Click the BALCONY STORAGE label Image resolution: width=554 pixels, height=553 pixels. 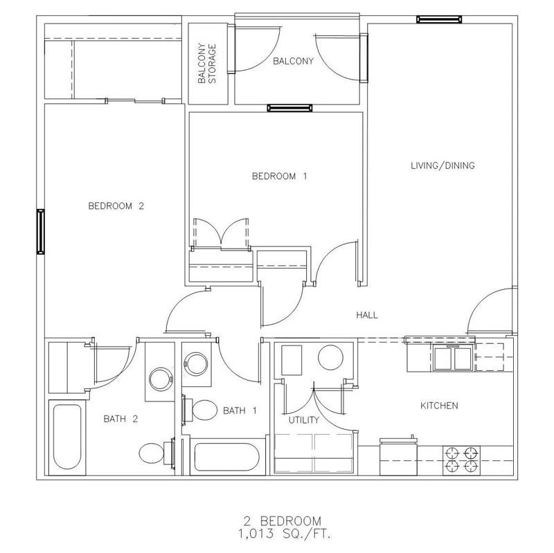tap(206, 64)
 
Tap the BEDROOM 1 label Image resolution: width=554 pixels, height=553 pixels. tap(280, 176)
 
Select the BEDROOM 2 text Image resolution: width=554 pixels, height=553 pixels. tap(116, 206)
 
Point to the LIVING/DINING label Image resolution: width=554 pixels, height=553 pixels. tap(443, 165)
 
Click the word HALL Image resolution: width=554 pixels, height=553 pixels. tap(367, 315)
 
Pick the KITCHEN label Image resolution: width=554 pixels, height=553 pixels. tap(439, 406)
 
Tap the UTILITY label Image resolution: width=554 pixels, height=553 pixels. tap(304, 420)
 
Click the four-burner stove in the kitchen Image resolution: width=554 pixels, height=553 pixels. tap(461, 460)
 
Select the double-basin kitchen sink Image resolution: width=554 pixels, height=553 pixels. tap(453, 358)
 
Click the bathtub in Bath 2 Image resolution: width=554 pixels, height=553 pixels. tap(67, 437)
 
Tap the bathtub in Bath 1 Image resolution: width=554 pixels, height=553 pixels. tap(227, 457)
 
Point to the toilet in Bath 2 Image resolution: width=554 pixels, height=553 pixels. tap(155, 453)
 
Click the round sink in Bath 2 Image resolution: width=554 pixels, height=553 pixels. tap(161, 379)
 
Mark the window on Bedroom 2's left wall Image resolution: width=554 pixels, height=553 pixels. tap(41, 231)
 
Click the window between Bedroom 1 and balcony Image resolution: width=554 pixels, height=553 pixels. tap(289, 108)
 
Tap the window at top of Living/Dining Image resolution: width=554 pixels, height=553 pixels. tap(439, 19)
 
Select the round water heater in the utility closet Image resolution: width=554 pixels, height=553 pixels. tap(330, 357)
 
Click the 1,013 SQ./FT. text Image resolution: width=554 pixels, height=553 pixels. tap(285, 534)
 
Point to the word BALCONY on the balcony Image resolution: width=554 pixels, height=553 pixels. tap(293, 61)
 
